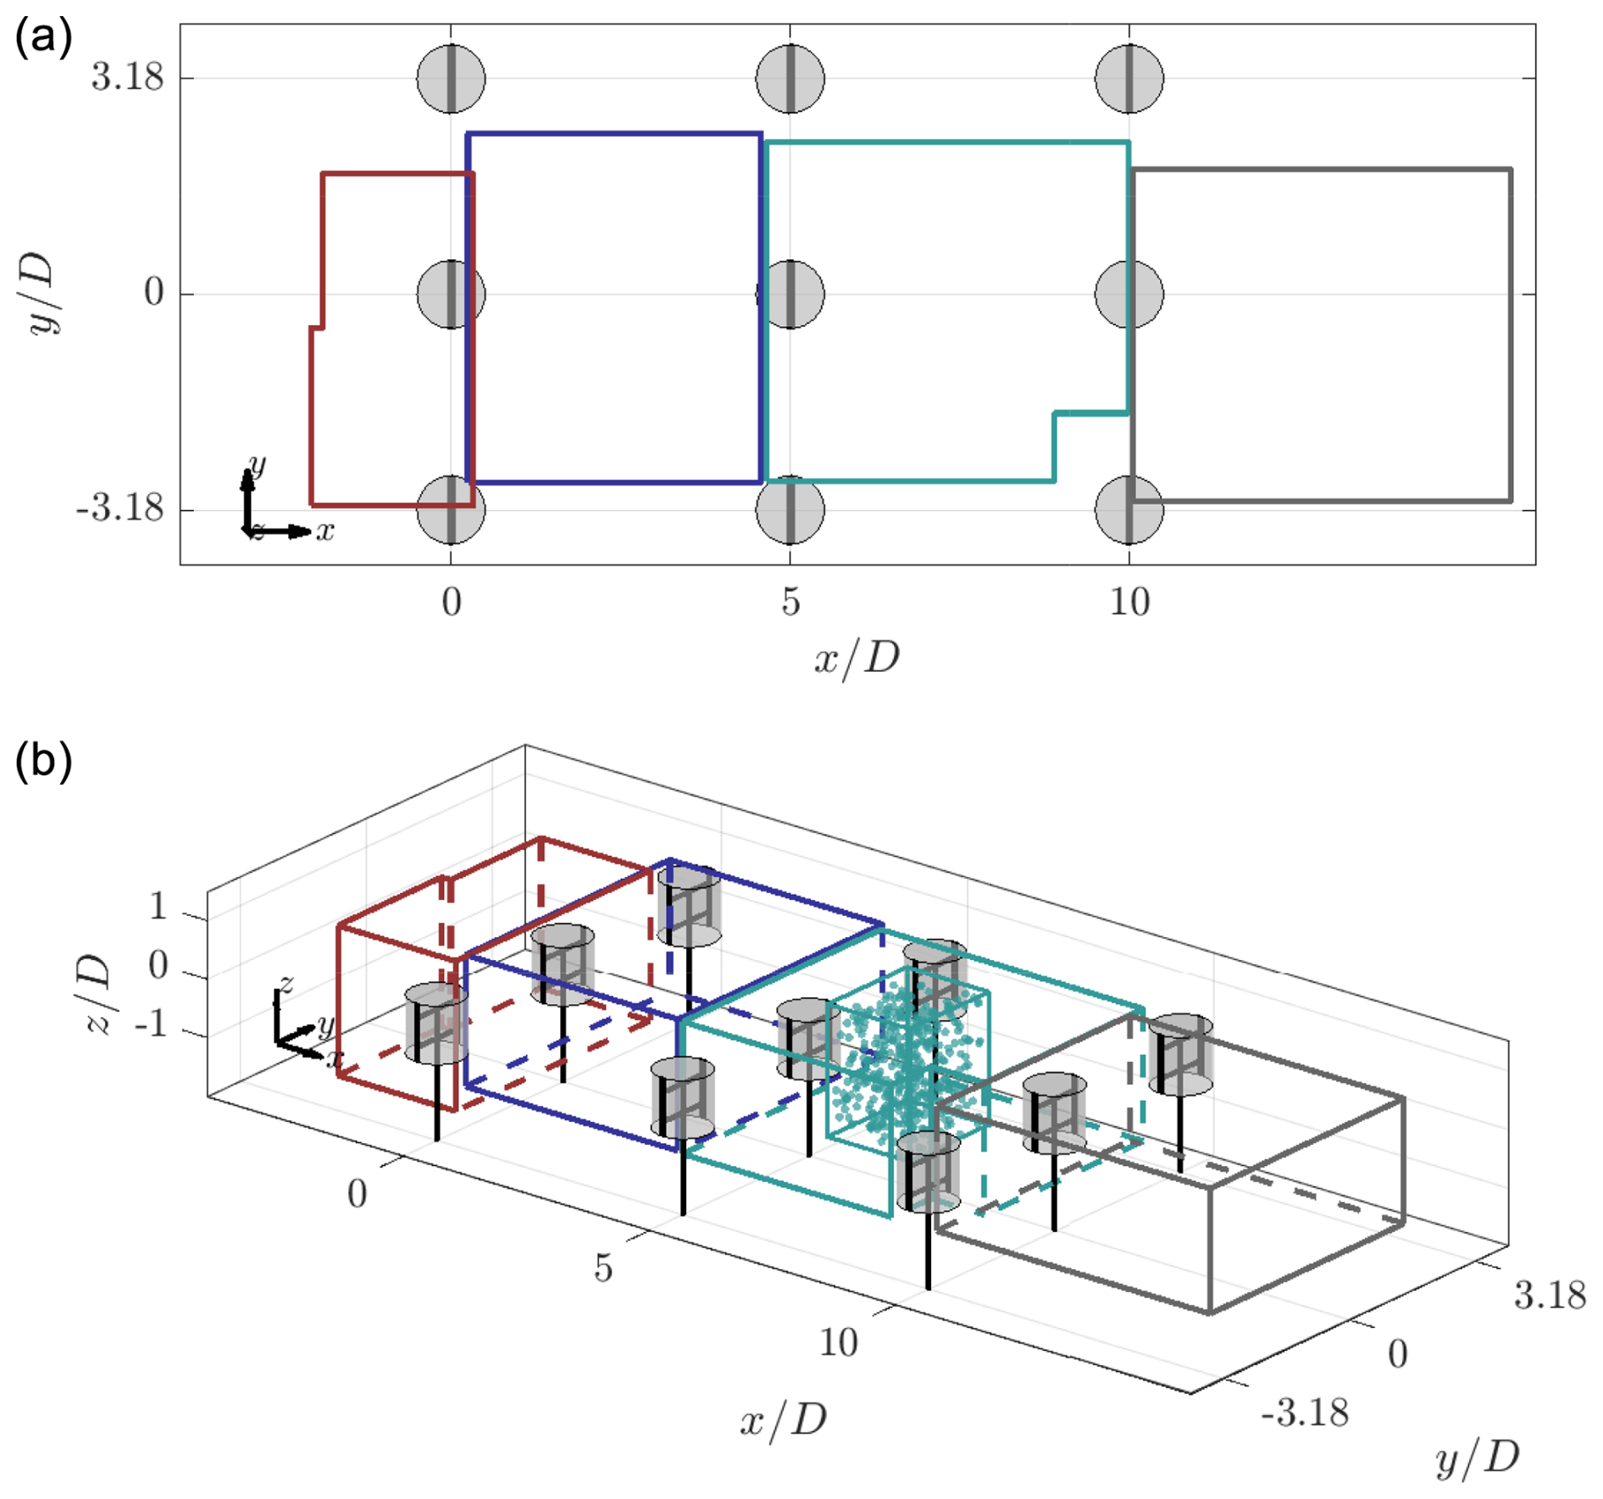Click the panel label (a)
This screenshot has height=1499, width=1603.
click(x=43, y=37)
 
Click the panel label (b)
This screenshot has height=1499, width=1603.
click(x=43, y=760)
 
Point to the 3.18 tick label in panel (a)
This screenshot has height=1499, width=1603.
click(x=127, y=77)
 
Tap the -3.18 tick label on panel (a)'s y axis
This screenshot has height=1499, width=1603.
click(x=120, y=508)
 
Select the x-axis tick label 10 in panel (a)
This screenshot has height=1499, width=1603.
click(x=1129, y=602)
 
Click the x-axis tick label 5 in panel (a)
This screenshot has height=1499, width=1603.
click(x=790, y=602)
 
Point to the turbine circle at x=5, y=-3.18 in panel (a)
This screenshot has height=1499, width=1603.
click(x=790, y=510)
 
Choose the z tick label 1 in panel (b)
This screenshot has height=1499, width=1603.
click(x=158, y=907)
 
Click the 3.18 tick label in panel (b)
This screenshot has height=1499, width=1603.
click(x=1550, y=1295)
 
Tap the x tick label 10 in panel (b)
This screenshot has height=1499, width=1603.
click(x=838, y=1343)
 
